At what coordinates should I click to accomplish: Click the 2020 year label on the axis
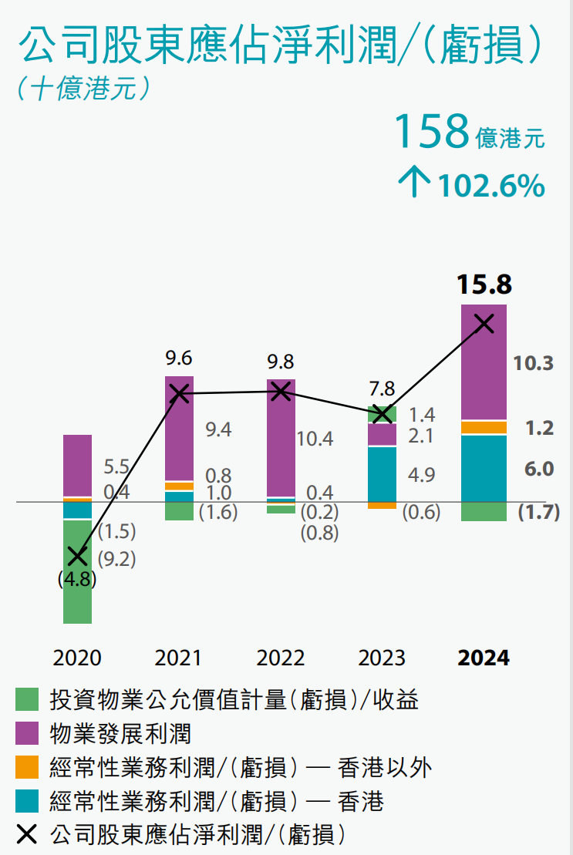coord(77,658)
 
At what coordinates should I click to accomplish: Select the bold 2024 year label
coord(484,658)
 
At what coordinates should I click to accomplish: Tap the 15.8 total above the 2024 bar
coord(484,284)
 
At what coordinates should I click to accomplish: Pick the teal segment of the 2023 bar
coord(382,474)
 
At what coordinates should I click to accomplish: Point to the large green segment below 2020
coord(77,571)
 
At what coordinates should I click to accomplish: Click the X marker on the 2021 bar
coord(179,393)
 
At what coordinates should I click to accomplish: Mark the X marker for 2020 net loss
coord(77,555)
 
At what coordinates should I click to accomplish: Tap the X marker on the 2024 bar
coord(484,323)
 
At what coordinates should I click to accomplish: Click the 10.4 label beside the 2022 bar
coord(315,439)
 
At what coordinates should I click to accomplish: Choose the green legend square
coord(27,700)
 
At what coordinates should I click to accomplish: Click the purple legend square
coord(27,733)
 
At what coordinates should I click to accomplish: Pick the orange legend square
coord(27,767)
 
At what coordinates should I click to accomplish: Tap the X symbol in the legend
coord(27,833)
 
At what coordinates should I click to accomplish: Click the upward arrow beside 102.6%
coord(414,185)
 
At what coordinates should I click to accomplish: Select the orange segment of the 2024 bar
coord(484,427)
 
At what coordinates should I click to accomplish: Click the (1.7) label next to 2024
coord(538,512)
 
